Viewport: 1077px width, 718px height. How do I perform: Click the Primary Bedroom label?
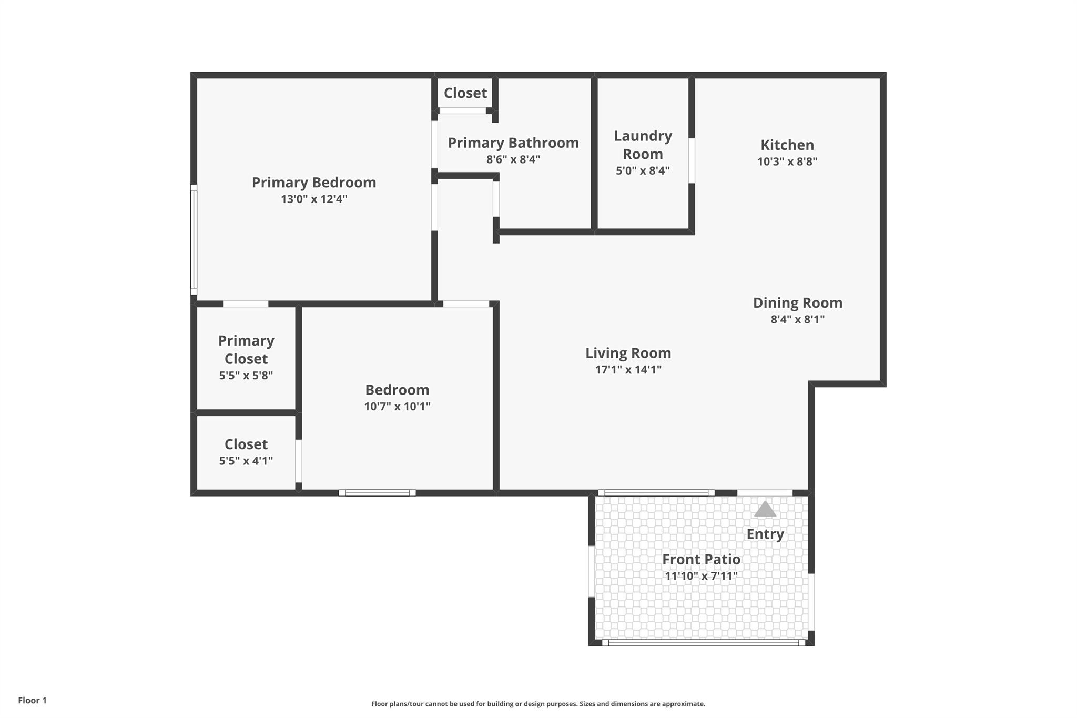point(314,183)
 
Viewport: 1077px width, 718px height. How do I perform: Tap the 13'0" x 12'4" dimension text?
point(314,199)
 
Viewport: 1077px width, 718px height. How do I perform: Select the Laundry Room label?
point(643,145)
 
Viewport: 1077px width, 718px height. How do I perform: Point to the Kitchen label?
point(787,145)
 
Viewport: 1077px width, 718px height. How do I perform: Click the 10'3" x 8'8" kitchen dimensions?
point(787,161)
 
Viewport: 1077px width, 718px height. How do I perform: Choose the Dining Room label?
point(798,302)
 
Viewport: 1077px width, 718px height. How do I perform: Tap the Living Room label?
point(628,352)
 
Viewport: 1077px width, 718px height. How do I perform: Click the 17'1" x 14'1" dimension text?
point(628,369)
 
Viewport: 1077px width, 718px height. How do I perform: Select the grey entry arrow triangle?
point(765,509)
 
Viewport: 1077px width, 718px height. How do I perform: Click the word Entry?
point(765,534)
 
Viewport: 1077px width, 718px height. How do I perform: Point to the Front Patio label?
point(701,559)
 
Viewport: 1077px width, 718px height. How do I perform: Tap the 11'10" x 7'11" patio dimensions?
point(701,576)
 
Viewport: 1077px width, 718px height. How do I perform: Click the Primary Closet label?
point(246,349)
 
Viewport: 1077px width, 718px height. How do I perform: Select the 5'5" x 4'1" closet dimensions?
point(246,461)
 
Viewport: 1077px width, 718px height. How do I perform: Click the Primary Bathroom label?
point(513,143)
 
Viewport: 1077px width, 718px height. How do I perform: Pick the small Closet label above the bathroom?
point(465,93)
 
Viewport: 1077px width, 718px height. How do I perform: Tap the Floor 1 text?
point(33,700)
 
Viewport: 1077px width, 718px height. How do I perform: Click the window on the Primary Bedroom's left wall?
point(194,239)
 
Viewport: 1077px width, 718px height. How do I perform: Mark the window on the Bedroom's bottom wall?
point(377,493)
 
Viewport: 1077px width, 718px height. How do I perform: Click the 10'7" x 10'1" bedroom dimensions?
point(397,407)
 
